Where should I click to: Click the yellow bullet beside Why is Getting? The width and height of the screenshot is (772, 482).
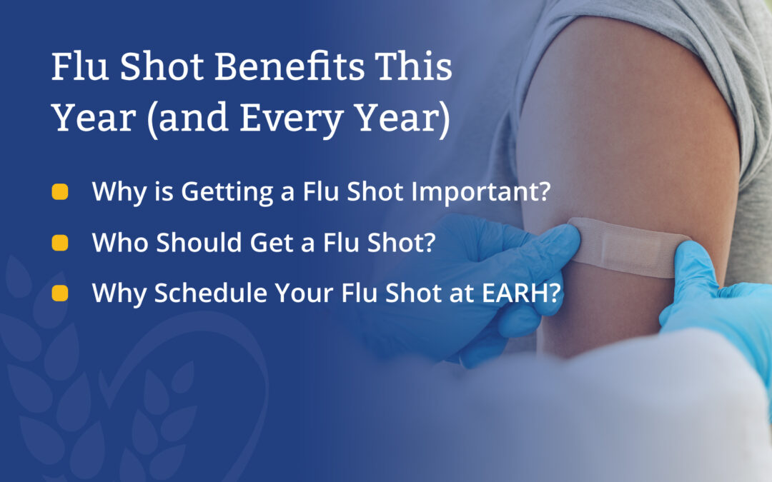[x=60, y=192]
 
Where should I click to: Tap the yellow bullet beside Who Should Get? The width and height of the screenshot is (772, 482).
[x=60, y=243]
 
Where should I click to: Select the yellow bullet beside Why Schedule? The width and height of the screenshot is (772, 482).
[x=60, y=293]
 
